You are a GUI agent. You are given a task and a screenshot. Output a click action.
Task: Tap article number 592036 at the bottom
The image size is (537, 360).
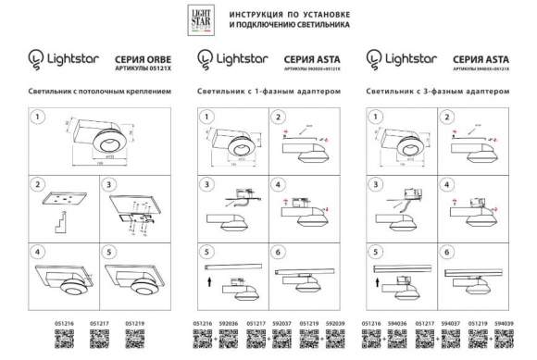[229, 323]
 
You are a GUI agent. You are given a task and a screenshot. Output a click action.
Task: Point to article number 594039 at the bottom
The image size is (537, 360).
[506, 323]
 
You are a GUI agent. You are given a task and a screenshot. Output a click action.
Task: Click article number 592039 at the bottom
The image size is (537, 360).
[338, 323]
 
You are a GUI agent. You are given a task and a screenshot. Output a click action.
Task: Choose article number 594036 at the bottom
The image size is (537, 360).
[397, 323]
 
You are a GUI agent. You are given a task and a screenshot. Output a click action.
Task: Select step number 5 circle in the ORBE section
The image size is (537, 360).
[113, 251]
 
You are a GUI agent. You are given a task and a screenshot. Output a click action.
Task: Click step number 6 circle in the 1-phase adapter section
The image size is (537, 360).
[280, 251]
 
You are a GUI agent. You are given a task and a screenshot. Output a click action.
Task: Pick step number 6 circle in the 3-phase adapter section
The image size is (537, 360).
[446, 251]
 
